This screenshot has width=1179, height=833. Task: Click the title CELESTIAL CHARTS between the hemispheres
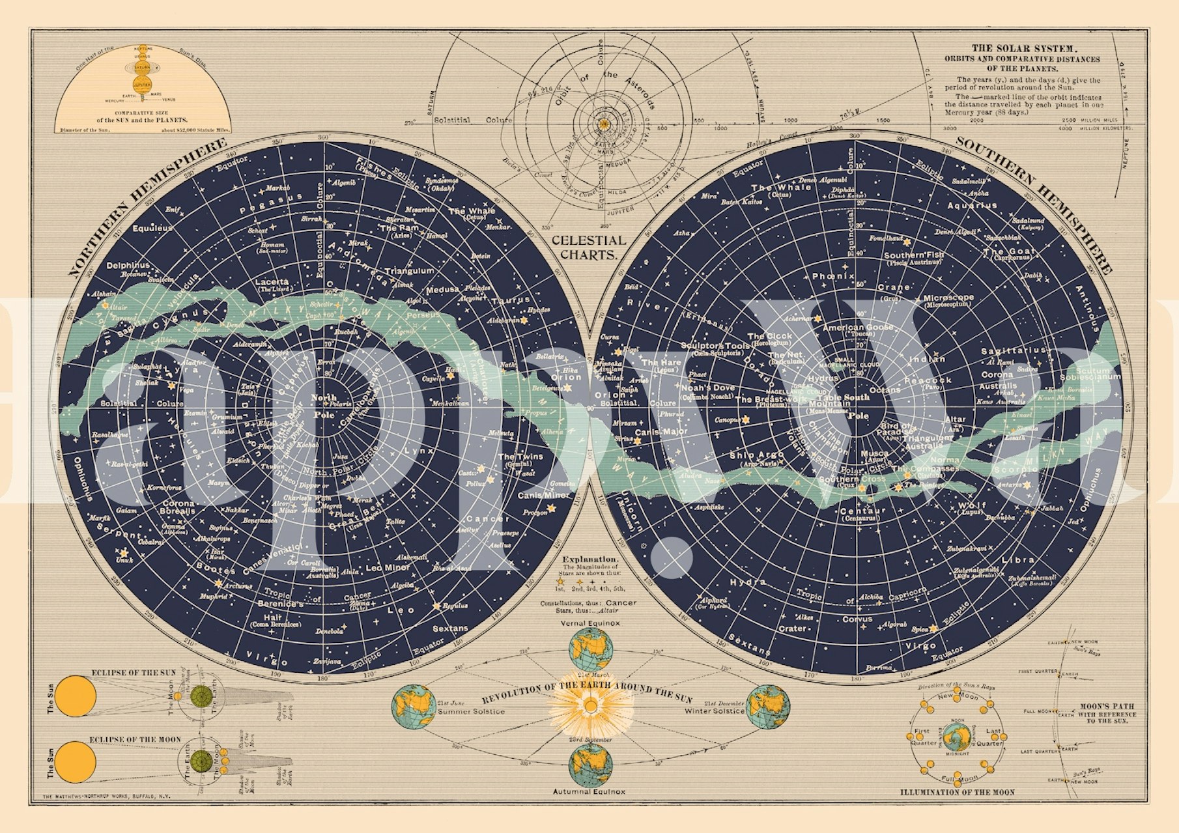(588, 247)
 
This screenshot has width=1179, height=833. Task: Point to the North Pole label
(324, 406)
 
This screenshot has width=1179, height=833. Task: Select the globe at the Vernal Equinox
(590, 649)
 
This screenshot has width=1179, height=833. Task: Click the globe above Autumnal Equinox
(590, 765)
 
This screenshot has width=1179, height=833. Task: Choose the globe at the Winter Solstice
(768, 707)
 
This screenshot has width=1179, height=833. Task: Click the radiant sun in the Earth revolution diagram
(590, 706)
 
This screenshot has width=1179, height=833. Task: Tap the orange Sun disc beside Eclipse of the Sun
(75, 696)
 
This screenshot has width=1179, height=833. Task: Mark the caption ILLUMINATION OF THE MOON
(957, 792)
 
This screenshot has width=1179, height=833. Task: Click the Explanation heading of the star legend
(589, 559)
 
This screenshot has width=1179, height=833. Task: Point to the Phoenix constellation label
(833, 276)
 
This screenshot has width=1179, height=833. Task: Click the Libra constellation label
(1017, 559)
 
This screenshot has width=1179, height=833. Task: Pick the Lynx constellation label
(419, 450)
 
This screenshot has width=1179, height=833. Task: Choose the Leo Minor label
(388, 568)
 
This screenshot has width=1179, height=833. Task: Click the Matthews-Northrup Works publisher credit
(106, 797)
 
